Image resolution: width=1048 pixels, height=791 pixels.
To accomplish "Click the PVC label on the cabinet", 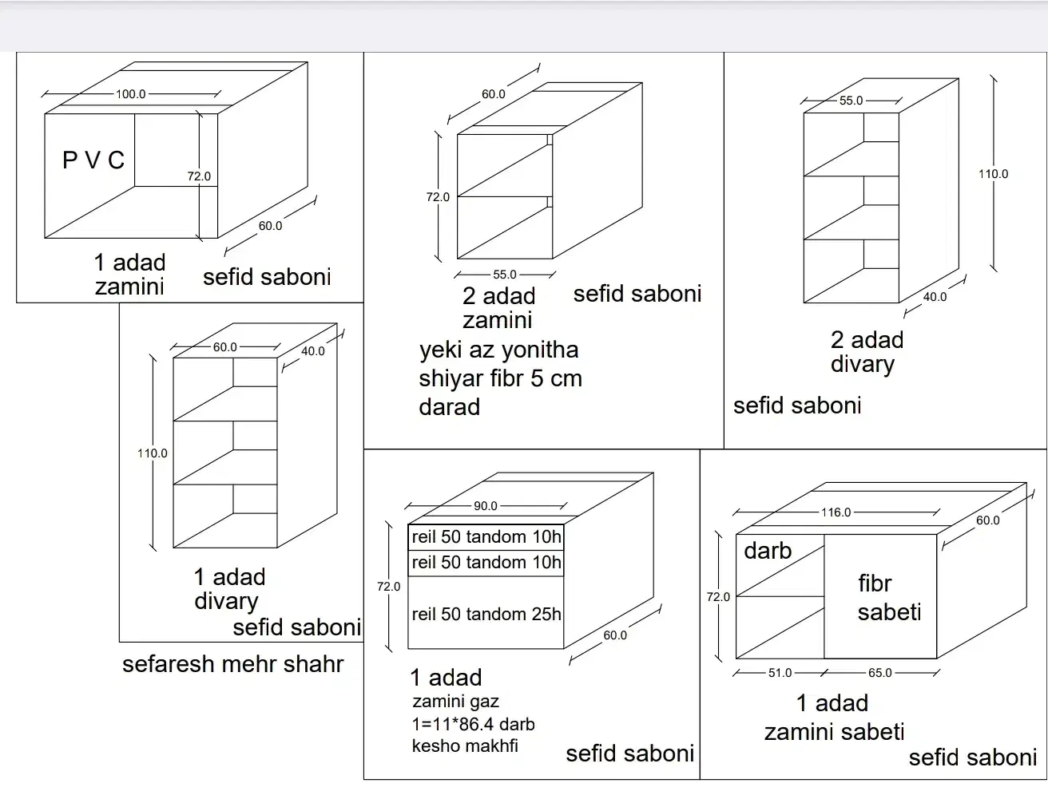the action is coord(93,160).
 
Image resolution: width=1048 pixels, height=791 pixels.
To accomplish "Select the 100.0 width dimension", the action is coord(130,94).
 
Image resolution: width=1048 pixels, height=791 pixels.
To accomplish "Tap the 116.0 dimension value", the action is coord(836,512).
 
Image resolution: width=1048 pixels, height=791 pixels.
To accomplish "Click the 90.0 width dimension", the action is coord(486,506).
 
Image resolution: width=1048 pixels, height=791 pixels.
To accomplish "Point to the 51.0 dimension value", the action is coord(780,673).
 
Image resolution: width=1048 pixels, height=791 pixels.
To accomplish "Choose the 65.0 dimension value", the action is coord(880,673).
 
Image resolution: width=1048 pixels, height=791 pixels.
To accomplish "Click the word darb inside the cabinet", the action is coord(768,551).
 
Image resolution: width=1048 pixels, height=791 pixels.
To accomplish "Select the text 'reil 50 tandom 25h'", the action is coord(486,614).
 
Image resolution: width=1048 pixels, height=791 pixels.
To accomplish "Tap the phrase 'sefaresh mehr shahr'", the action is coord(233,664).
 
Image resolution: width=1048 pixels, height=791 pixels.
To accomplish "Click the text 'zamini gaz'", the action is coord(455,702).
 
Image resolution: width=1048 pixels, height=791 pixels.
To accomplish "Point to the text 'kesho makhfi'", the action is coord(465,746).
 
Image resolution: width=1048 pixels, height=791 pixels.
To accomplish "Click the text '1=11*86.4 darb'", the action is coord(473,724).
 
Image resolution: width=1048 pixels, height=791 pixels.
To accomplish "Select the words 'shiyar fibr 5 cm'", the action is coord(500,378).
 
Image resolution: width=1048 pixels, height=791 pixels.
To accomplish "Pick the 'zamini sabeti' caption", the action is coord(834,732).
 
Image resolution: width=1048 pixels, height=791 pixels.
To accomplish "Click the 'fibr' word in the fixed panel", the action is coord(875,583).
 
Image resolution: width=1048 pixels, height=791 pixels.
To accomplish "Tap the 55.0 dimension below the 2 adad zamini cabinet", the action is coord(505,275).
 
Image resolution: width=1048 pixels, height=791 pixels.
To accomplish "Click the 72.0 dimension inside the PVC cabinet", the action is coord(199,176).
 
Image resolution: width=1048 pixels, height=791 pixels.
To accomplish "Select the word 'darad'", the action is coord(449,407).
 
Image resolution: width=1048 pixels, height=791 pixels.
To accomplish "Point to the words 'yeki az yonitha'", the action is coord(499,350).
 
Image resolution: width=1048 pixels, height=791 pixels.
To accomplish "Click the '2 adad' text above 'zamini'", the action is coord(498,296).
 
